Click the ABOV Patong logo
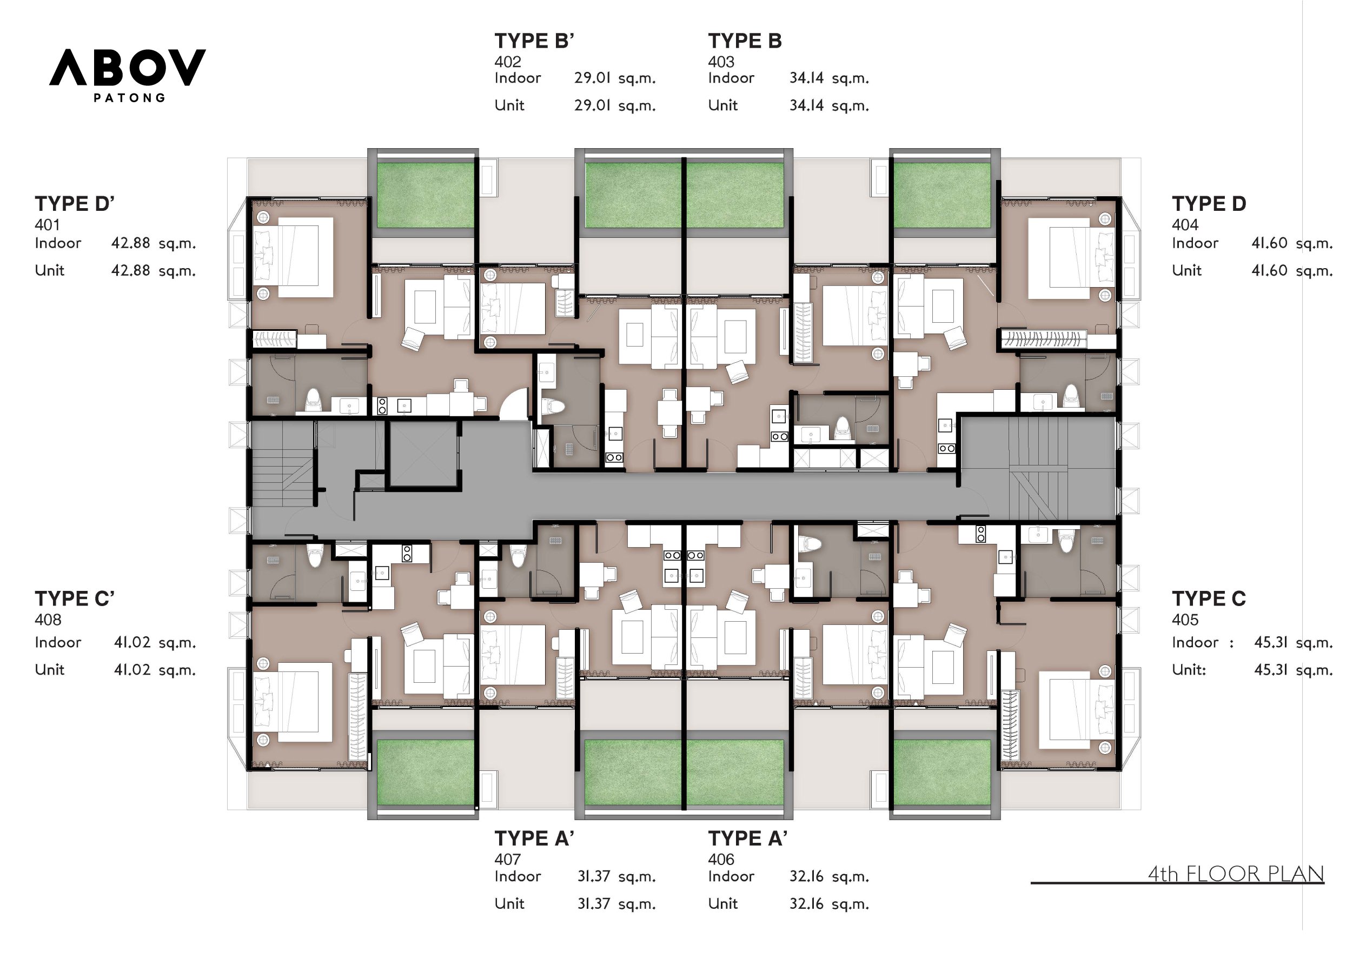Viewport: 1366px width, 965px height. [127, 69]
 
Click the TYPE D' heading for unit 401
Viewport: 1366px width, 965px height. [75, 204]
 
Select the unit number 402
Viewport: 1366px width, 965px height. [507, 62]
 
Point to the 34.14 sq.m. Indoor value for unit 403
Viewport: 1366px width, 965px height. [829, 78]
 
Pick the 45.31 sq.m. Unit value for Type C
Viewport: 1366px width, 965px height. [1293, 670]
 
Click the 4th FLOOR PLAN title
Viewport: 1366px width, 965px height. [1235, 874]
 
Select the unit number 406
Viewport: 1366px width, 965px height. [720, 859]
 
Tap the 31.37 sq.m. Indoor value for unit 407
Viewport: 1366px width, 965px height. [616, 876]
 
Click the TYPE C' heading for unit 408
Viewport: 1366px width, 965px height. [75, 598]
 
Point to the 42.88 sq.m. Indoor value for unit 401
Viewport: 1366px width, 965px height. [153, 243]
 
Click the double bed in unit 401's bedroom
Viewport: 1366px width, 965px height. [295, 257]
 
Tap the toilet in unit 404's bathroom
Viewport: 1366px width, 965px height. [1070, 396]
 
